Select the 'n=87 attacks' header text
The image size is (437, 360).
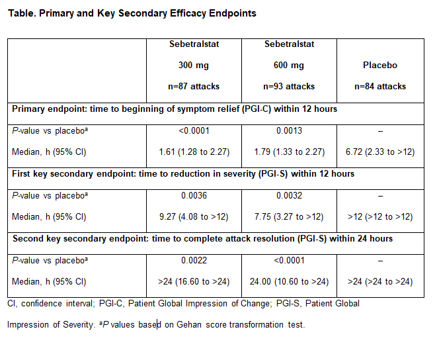tap(194, 87)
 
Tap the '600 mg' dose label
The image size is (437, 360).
tap(289, 66)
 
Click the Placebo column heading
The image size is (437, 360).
tap(380, 65)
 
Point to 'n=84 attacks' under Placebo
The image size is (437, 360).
tap(380, 87)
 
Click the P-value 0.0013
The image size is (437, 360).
tap(289, 130)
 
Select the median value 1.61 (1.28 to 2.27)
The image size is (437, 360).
tap(194, 152)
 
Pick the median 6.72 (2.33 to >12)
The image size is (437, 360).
tap(380, 152)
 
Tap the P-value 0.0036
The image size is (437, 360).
tap(194, 195)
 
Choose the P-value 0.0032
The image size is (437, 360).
tap(289, 195)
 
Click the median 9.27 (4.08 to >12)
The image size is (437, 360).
tap(194, 217)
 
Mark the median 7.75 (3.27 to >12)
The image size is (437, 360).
tap(289, 217)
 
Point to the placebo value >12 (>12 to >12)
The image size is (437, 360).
tap(380, 217)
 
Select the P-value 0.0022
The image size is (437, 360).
tap(194, 260)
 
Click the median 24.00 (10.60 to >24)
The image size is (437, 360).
tap(289, 282)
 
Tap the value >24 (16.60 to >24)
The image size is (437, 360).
tap(194, 282)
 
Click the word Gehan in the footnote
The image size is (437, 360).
tap(189, 324)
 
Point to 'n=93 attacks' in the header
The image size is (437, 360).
tap(289, 87)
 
